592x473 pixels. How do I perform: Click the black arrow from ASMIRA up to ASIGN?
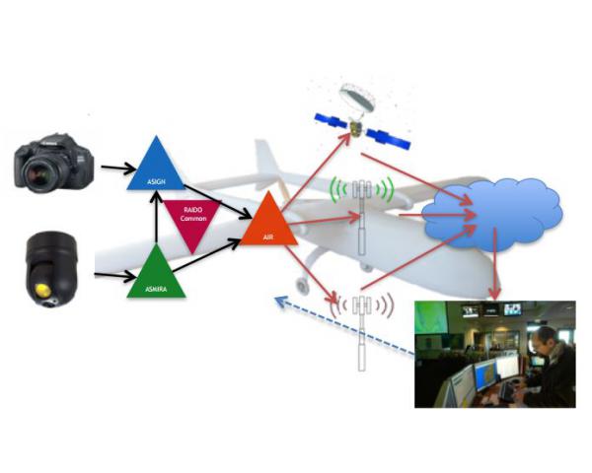pyautogui.click(x=153, y=217)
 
